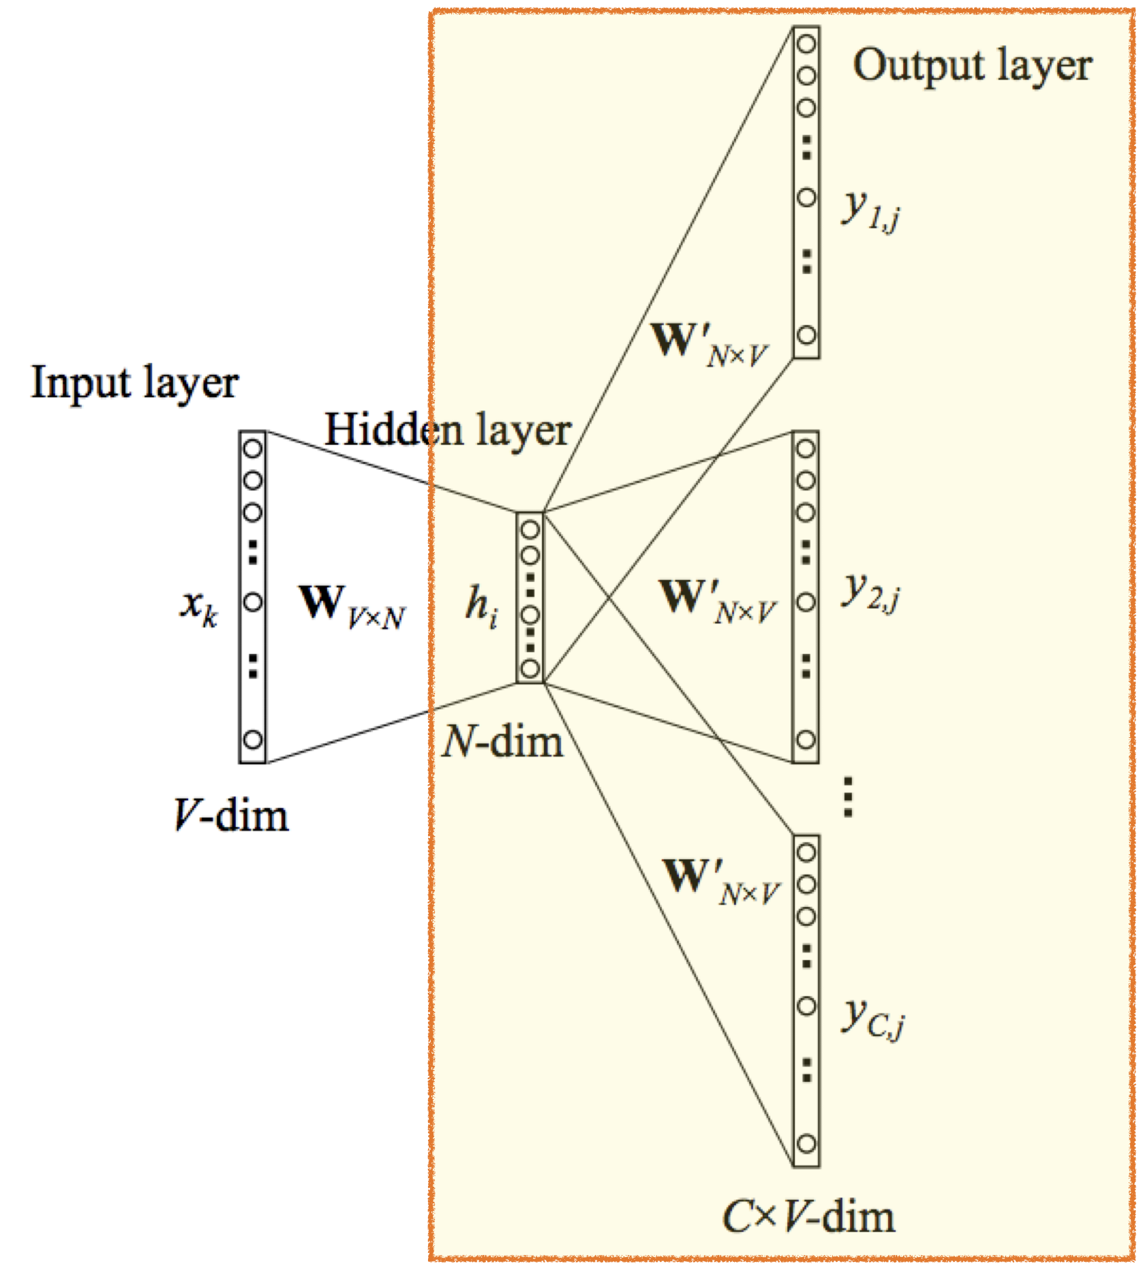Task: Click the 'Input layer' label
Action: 135,384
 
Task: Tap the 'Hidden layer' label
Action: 447,431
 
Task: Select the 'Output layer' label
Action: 972,66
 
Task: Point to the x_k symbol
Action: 198,606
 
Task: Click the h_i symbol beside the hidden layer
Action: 481,606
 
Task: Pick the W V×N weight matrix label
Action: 352,606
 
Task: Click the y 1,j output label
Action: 870,211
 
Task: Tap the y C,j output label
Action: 872,1019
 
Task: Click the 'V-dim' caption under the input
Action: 231,816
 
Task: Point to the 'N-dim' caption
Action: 503,741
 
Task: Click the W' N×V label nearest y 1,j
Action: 709,345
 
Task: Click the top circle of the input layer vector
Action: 253,449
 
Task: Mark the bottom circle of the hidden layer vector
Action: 530,668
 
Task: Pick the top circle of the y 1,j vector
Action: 806,44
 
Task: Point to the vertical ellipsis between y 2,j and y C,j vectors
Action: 848,796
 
